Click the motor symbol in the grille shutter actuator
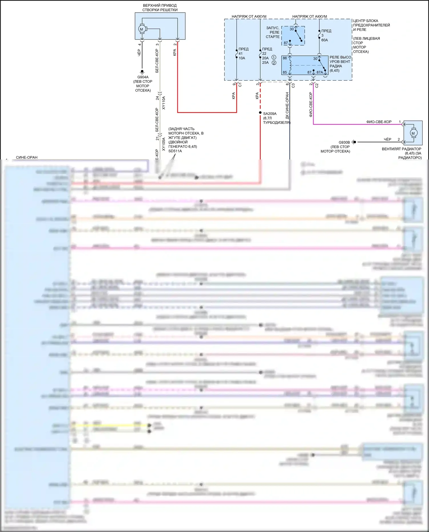point(142,29)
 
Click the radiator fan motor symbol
point(413,133)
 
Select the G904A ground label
point(143,77)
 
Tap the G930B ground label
point(344,142)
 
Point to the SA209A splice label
point(270,114)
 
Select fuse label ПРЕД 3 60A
point(325,35)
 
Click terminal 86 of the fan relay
point(285,58)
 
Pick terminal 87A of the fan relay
point(319,73)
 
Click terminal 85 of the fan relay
point(285,73)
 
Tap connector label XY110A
point(164,103)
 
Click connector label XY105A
point(164,144)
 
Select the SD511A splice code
point(175,151)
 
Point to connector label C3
point(293,85)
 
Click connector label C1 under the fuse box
point(240,85)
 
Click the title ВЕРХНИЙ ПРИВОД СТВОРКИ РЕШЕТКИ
point(160,8)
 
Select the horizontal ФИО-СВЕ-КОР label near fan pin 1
point(379,122)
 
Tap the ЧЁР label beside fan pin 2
point(387,140)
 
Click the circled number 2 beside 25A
point(274,63)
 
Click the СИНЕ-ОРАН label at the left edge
point(27,158)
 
